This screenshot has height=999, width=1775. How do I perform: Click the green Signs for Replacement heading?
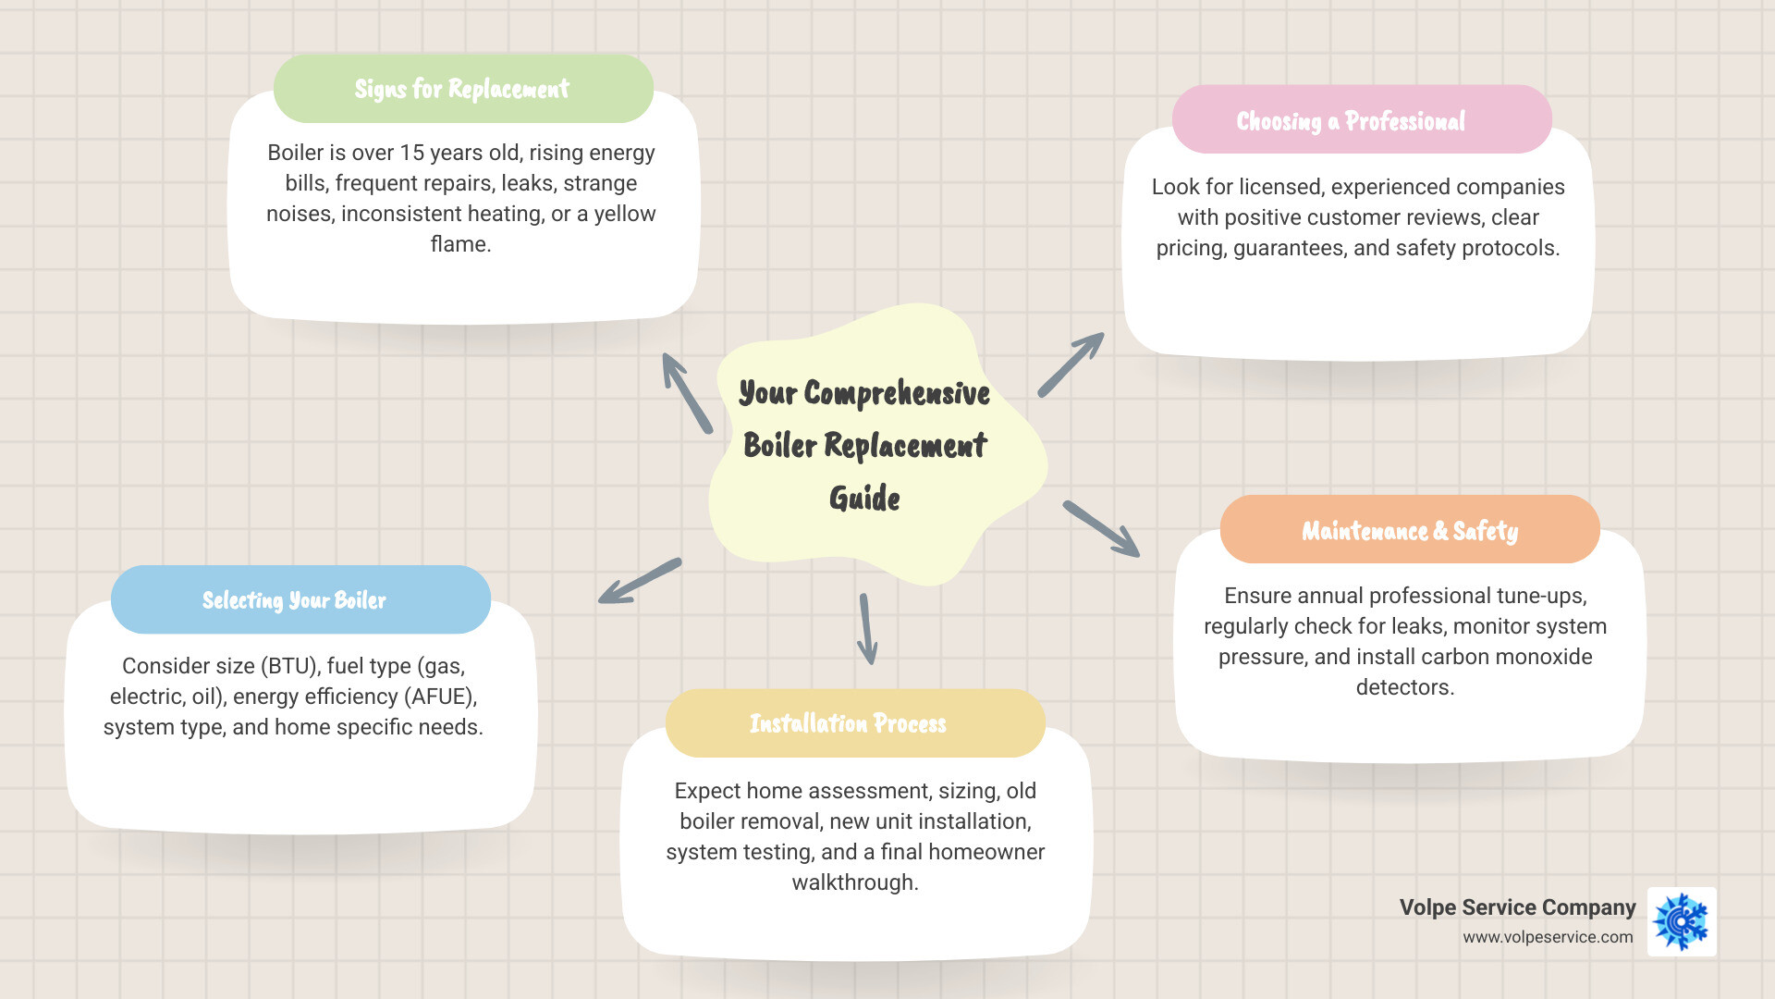pos(462,89)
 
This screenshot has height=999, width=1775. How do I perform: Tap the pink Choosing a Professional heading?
pos(1351,121)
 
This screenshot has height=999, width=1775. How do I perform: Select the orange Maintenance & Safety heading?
pos(1410,531)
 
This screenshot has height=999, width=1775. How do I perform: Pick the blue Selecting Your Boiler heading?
pos(294,600)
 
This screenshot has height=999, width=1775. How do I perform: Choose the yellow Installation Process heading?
pos(848,723)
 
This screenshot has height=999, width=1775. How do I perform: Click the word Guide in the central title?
pos(864,499)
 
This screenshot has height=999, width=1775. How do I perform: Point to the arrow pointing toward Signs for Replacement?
pos(687,393)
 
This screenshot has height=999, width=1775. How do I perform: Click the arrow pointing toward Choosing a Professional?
pos(1071,364)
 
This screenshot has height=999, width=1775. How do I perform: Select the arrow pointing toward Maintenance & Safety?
pos(1101,529)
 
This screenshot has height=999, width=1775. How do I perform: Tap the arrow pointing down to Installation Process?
pos(866,629)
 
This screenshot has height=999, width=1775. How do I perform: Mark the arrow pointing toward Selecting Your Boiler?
pos(640,581)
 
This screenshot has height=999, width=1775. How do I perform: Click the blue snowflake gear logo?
pos(1682,922)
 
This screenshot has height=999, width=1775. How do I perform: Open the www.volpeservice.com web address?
pos(1548,937)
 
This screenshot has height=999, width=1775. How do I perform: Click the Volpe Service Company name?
pos(1517,907)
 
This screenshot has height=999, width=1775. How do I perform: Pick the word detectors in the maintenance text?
pos(1404,687)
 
